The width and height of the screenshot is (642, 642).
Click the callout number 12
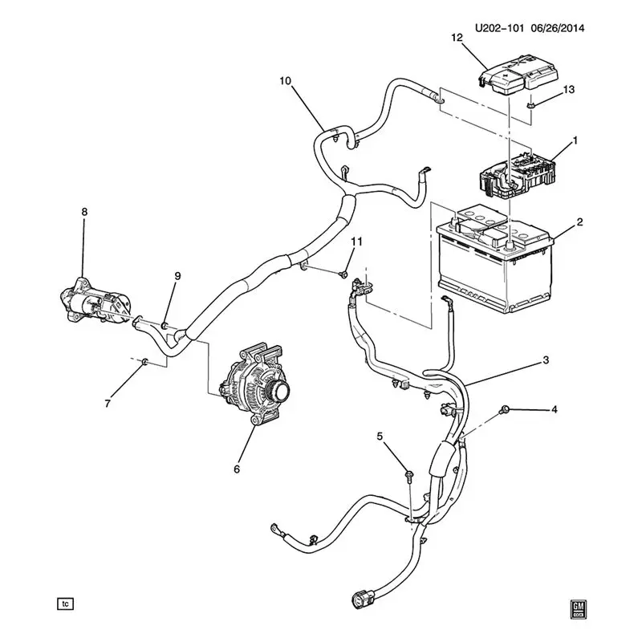point(457,38)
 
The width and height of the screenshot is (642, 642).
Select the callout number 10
point(286,81)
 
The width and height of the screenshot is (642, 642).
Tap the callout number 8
point(84,212)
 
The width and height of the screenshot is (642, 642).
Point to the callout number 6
point(237,469)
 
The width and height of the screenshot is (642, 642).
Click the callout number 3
point(546,360)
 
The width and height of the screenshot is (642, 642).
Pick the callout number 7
point(108,404)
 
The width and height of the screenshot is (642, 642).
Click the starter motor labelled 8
point(95,303)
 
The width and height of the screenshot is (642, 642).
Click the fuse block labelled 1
point(518,175)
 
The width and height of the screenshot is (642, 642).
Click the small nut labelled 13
point(530,106)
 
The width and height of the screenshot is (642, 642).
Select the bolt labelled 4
point(505,408)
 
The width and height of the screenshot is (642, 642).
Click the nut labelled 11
point(344,273)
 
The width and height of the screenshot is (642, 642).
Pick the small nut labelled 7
point(144,362)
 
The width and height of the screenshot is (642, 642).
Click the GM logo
point(578,610)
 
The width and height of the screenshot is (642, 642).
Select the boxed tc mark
point(66,603)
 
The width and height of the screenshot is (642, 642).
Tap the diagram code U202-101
point(499,28)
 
